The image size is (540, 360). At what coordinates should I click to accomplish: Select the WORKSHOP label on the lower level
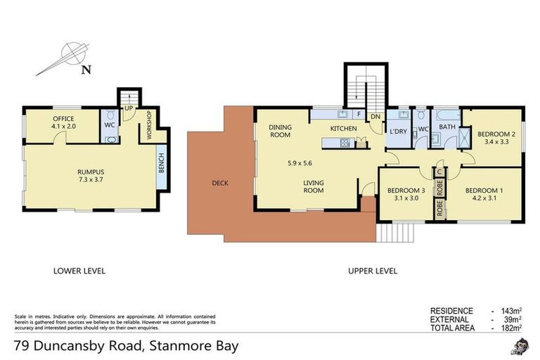pyautogui.click(x=149, y=124)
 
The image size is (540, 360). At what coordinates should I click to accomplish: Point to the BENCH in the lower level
pyautogui.click(x=161, y=164)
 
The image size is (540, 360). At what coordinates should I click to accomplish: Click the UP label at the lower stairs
pyautogui.click(x=129, y=109)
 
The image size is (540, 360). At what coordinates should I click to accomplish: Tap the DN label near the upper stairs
pyautogui.click(x=375, y=117)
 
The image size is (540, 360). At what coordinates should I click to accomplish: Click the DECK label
pyautogui.click(x=220, y=184)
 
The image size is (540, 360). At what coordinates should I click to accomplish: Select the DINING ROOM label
pyautogui.click(x=280, y=131)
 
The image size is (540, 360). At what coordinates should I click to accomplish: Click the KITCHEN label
pyautogui.click(x=345, y=129)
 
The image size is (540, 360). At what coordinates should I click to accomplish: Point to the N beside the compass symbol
pyautogui.click(x=85, y=69)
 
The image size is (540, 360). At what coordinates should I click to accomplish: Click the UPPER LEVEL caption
pyautogui.click(x=373, y=271)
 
